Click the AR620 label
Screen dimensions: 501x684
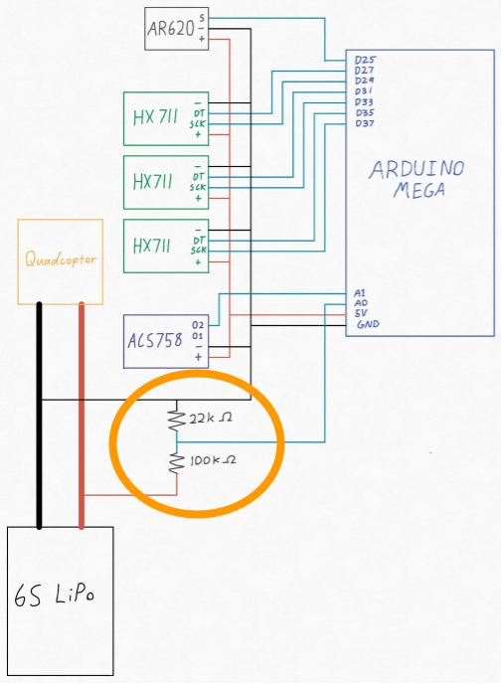tap(171, 29)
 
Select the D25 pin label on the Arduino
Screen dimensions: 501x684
tap(365, 60)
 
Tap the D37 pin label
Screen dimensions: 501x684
tap(365, 123)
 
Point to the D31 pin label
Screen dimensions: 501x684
tap(363, 91)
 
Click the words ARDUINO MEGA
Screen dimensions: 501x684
tap(417, 179)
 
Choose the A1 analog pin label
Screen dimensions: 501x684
tap(360, 292)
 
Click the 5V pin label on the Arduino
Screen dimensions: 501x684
tap(361, 313)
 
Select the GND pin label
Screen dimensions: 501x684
tap(368, 324)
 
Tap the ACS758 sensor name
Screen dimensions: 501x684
tap(155, 340)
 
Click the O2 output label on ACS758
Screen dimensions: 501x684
tap(198, 325)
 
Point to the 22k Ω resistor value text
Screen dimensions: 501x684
tap(210, 418)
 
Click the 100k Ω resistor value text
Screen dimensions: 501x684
tap(213, 459)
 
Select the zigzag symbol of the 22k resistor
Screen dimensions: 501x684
tap(176, 418)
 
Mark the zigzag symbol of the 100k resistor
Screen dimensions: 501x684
tap(177, 463)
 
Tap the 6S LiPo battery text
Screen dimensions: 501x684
tap(54, 595)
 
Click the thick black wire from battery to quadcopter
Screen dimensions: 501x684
tap(39, 416)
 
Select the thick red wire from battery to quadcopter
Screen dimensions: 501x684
tap(82, 416)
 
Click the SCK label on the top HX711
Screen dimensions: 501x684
tap(198, 124)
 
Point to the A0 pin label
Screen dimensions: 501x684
tap(361, 303)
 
